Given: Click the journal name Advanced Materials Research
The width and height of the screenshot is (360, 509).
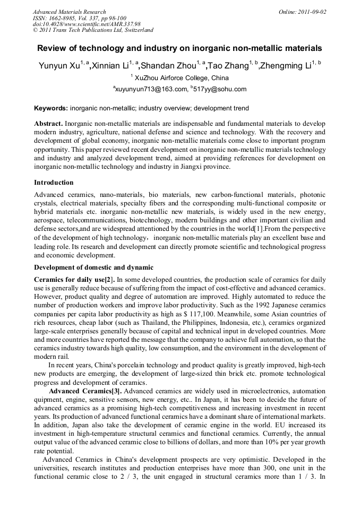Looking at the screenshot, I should click(69, 12).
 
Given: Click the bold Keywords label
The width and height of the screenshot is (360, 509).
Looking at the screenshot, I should click(51, 108).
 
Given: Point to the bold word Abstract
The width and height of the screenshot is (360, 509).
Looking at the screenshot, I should click(48, 123).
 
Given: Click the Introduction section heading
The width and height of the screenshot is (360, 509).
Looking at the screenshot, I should click(54, 182).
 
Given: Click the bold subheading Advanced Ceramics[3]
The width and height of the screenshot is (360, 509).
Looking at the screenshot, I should click(85, 391).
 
